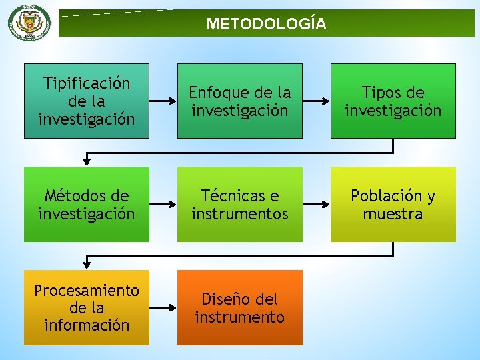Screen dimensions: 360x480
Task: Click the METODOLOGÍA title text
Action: tap(266, 25)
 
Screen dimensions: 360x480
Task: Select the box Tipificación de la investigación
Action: tap(87, 101)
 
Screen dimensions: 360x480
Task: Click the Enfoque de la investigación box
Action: tap(239, 101)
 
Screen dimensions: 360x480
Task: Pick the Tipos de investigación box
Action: tap(393, 101)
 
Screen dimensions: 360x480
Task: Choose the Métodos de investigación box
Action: tap(87, 204)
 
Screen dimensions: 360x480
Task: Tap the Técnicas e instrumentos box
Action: tap(239, 204)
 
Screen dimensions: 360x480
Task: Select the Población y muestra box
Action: tap(393, 204)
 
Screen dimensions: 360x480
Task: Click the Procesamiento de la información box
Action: tap(87, 307)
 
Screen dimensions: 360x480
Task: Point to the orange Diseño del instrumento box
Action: tap(239, 307)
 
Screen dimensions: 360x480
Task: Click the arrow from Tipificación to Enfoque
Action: tap(163, 101)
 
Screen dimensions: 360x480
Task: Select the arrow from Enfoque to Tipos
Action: tap(316, 101)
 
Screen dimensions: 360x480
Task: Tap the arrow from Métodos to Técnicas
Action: tap(163, 205)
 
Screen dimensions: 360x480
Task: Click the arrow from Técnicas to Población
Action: tap(316, 205)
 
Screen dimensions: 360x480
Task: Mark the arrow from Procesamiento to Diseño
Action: tap(163, 308)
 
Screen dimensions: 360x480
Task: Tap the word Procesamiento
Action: tap(87, 291)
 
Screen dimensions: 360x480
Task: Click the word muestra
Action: tap(393, 214)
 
